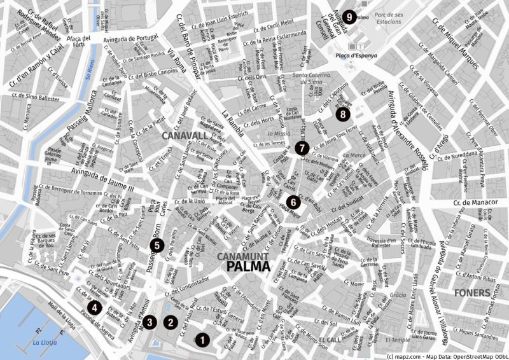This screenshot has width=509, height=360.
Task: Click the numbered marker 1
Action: point(202,340)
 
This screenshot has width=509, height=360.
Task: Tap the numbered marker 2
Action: point(170,322)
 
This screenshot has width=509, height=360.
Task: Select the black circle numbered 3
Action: point(149,322)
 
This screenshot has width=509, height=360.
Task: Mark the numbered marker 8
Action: point(344,114)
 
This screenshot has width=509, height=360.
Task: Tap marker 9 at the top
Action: point(348,17)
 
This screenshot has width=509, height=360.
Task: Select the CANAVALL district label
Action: point(185,135)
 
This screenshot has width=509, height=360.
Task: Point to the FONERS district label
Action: point(473,293)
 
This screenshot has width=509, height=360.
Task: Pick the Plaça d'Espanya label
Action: point(356,55)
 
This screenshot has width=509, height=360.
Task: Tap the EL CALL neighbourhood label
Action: point(330,340)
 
